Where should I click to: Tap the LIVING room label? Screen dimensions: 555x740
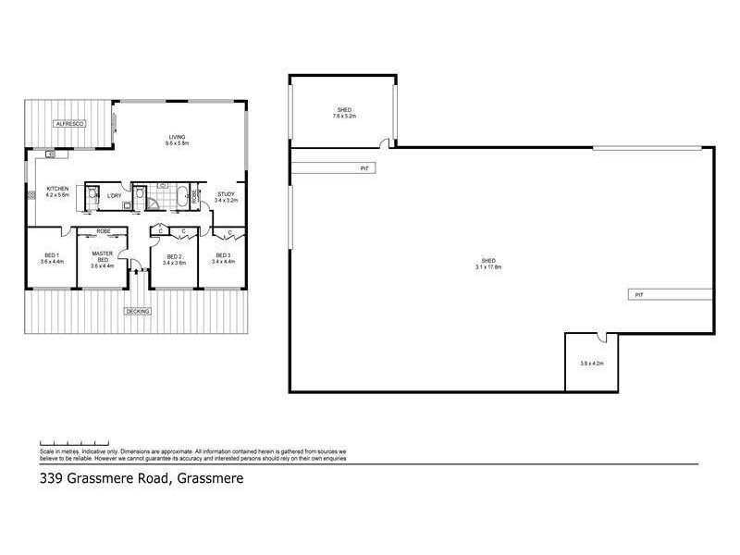click(177, 137)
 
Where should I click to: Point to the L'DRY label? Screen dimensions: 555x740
click(115, 195)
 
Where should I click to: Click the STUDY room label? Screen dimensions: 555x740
click(226, 193)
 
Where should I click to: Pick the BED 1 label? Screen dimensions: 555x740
click(52, 255)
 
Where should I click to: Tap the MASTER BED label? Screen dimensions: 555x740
click(102, 255)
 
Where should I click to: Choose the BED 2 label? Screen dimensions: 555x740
click(173, 256)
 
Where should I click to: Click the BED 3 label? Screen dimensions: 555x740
click(224, 255)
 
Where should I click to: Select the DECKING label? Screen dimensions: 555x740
click(138, 311)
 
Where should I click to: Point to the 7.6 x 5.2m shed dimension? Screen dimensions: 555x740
click(344, 117)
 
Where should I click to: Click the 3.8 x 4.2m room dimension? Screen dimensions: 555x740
click(592, 364)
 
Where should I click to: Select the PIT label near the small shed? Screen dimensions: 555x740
click(365, 168)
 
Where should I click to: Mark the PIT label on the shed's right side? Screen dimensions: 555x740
click(638, 294)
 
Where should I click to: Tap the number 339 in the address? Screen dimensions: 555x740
click(53, 479)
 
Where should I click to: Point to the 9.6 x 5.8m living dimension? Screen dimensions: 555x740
click(177, 143)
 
